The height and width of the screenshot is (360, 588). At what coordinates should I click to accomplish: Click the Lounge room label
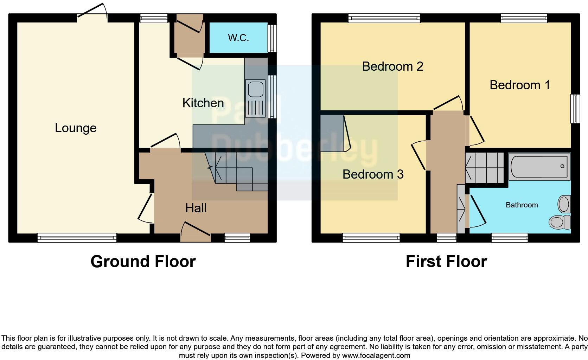click(76, 128)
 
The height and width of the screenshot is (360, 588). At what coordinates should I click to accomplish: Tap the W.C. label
click(238, 38)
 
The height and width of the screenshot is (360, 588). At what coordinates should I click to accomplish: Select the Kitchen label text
click(203, 103)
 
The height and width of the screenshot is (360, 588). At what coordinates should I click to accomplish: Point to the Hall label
click(196, 208)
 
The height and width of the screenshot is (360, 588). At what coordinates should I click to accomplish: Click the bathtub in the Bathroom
click(539, 166)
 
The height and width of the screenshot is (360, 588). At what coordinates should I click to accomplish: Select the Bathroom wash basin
click(564, 204)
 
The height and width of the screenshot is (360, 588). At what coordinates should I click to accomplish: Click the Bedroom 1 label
click(519, 85)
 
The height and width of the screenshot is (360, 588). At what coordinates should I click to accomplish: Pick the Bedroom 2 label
click(392, 66)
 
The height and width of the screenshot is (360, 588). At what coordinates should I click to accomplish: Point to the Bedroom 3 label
click(373, 174)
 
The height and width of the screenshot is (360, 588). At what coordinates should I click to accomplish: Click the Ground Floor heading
click(143, 262)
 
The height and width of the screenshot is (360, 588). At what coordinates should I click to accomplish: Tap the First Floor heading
click(446, 262)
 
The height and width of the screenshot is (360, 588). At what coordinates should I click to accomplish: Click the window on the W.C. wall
click(272, 38)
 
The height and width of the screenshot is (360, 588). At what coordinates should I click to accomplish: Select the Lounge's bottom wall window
click(77, 238)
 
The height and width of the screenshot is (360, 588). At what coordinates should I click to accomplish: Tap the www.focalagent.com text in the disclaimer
click(376, 355)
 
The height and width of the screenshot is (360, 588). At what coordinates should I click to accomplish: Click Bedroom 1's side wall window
click(575, 109)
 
